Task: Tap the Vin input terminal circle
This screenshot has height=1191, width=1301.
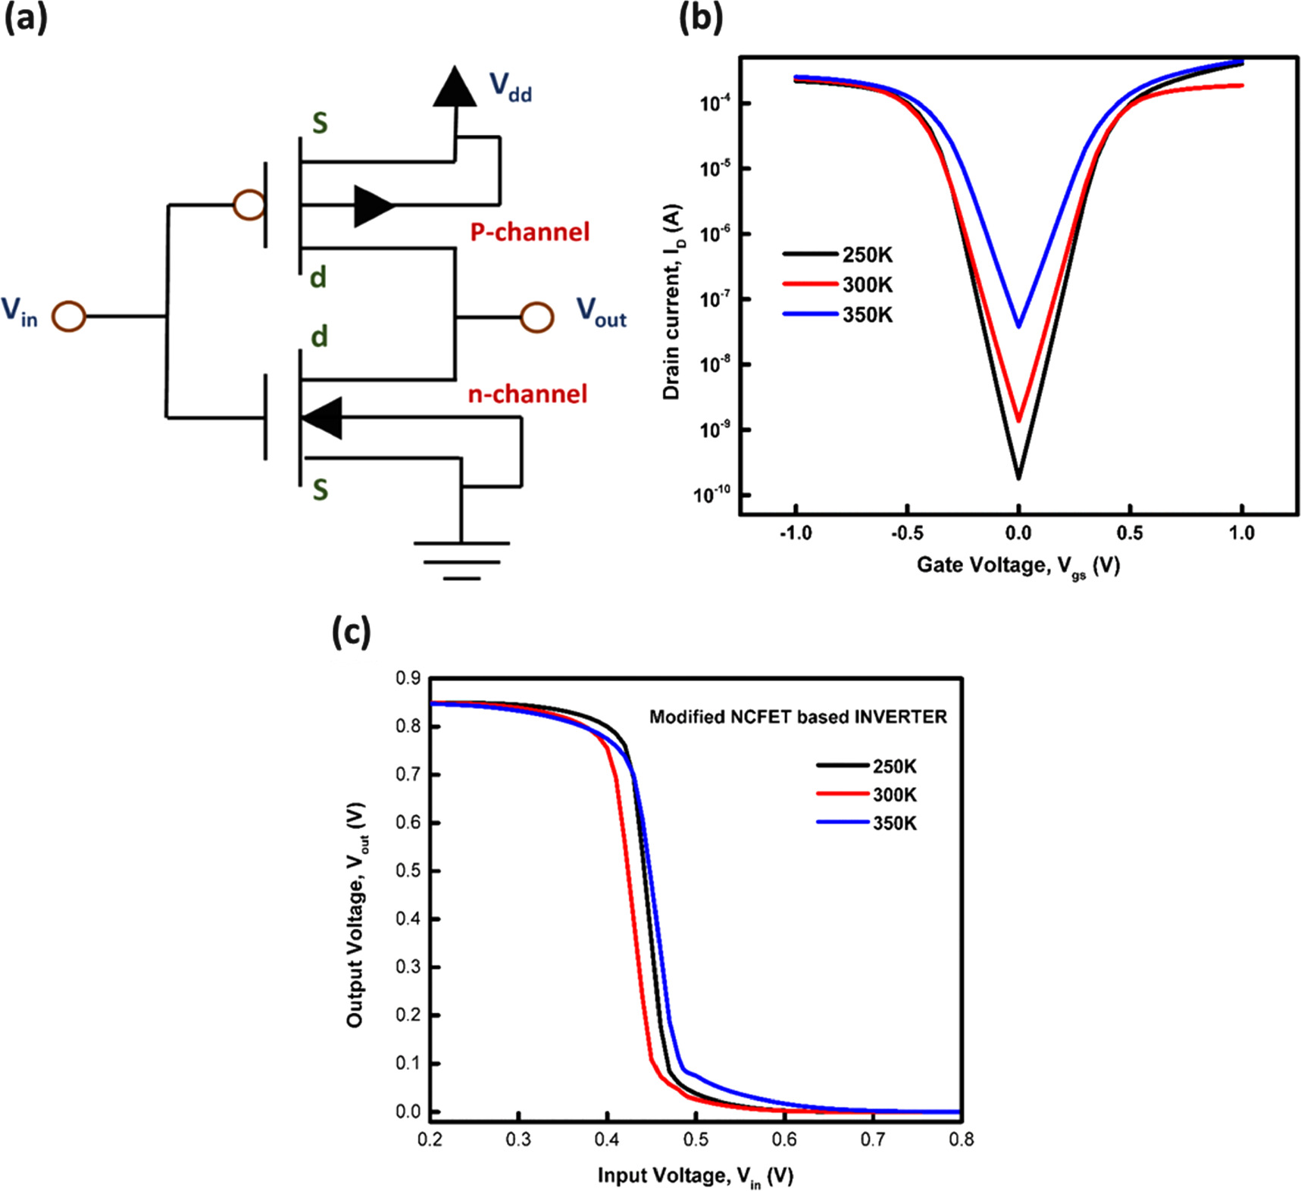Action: tap(69, 317)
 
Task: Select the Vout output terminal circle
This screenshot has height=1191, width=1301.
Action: tap(536, 317)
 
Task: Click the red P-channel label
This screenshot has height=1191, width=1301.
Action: tap(530, 232)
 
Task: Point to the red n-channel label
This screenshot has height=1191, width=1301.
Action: tap(527, 394)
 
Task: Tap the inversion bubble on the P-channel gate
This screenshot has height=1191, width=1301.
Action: tap(249, 205)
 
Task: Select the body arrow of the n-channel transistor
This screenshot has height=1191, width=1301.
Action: tap(323, 417)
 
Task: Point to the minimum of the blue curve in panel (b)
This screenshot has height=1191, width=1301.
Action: tap(1019, 326)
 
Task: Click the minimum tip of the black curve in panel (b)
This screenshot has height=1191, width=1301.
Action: tap(1019, 477)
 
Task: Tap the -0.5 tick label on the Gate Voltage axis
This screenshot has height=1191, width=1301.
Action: tap(907, 533)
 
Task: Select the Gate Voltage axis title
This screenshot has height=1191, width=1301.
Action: tap(1018, 566)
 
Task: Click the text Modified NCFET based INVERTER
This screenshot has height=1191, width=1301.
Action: tap(798, 717)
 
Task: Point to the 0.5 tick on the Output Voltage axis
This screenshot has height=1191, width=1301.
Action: tap(409, 871)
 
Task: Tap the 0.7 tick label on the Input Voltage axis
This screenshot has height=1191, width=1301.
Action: tap(873, 1139)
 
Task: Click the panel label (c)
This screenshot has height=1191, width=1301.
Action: tap(352, 631)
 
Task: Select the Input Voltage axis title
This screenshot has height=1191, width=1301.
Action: tap(695, 1176)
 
